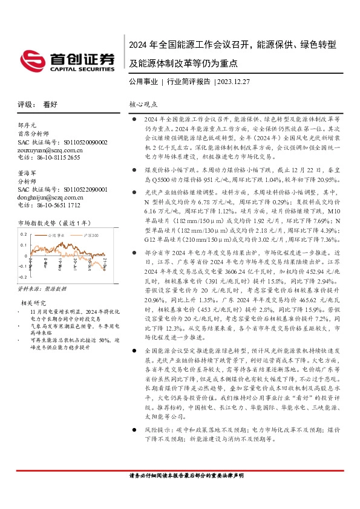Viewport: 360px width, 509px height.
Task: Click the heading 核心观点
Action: [143, 104]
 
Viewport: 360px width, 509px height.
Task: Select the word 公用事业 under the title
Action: [143, 82]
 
